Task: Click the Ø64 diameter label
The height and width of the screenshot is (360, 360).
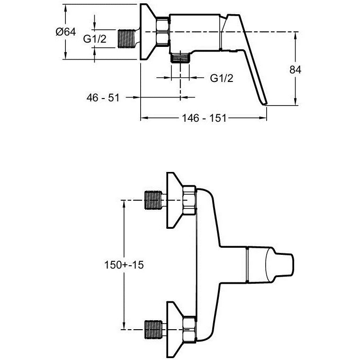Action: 65,32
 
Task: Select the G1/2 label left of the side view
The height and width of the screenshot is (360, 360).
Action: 95,40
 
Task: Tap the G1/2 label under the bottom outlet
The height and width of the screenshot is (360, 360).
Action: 222,78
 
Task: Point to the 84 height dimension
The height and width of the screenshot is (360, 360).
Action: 295,70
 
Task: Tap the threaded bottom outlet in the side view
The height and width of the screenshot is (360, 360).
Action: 180,58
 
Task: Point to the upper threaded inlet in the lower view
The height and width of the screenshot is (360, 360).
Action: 153,200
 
